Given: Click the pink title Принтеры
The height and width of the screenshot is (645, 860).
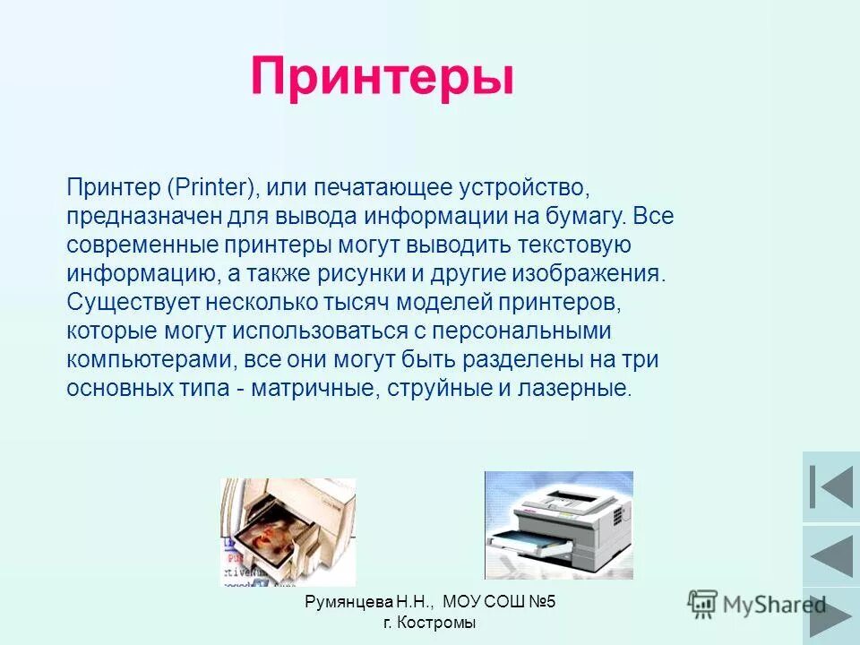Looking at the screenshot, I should [383, 76].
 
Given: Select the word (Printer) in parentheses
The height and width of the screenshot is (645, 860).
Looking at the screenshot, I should [212, 188].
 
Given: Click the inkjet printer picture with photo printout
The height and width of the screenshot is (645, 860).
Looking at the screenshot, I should [288, 532].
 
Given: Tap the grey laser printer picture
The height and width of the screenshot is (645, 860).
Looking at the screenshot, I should [558, 525].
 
